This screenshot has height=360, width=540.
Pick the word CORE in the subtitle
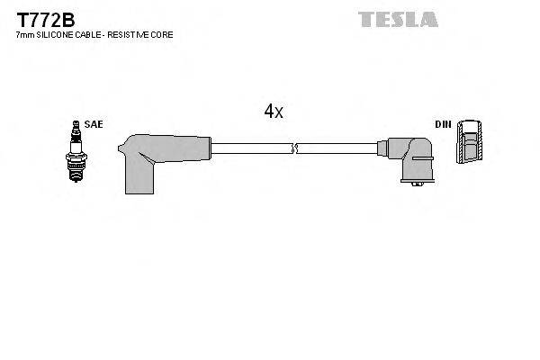pyautogui.click(x=163, y=34)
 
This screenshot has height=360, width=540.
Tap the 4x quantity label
pyautogui.click(x=274, y=112)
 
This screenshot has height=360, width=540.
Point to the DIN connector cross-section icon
pyautogui.click(x=469, y=142)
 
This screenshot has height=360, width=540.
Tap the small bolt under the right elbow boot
pyautogui.click(x=415, y=185)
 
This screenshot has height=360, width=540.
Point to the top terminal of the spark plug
pyautogui.click(x=76, y=124)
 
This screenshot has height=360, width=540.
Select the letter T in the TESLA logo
pyautogui.click(x=366, y=19)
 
